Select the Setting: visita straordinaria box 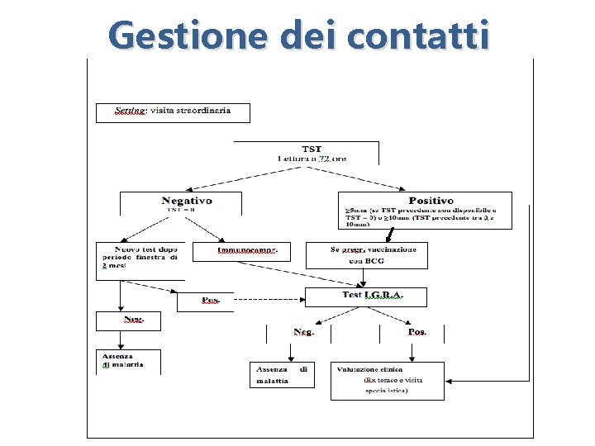pyautogui.click(x=173, y=112)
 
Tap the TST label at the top pyautogui.click(x=311, y=149)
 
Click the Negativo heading pyautogui.click(x=186, y=201)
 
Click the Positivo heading pyautogui.click(x=431, y=201)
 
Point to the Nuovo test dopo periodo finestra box pyautogui.click(x=140, y=258)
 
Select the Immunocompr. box pyautogui.click(x=241, y=251)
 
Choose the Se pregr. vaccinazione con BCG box pyautogui.click(x=367, y=254)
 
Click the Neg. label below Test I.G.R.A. pyautogui.click(x=302, y=332)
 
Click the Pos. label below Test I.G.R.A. pyautogui.click(x=416, y=332)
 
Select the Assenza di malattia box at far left pyautogui.click(x=128, y=361)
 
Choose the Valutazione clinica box pyautogui.click(x=387, y=380)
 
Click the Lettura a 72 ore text pyautogui.click(x=311, y=159)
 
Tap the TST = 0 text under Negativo pyautogui.click(x=181, y=210)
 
